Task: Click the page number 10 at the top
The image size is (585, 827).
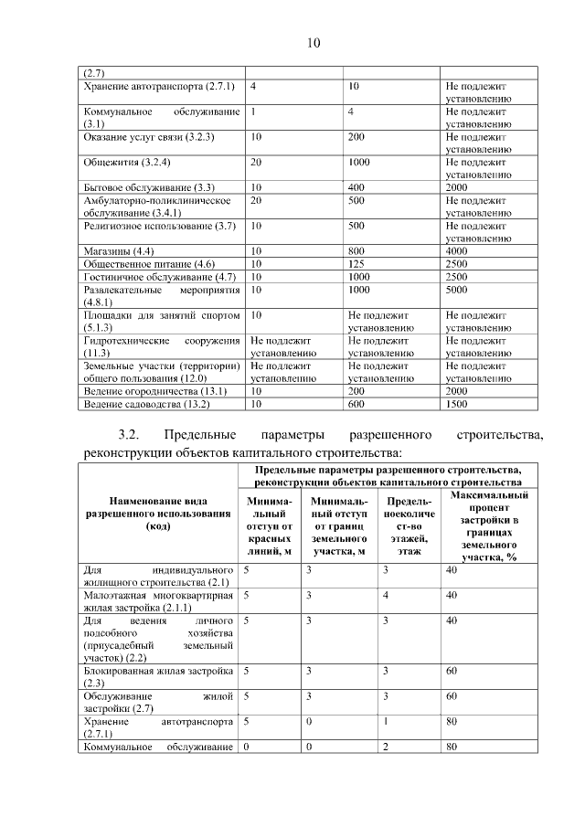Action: [314, 42]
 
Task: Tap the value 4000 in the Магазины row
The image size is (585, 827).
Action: [456, 251]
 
